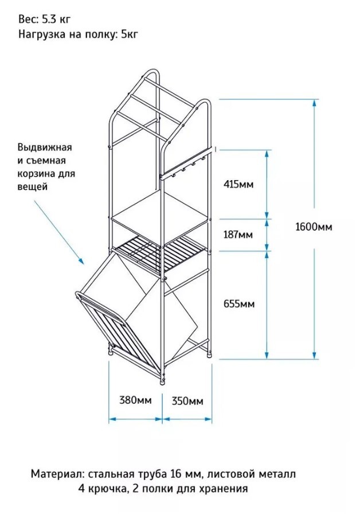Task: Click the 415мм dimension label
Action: [238, 184]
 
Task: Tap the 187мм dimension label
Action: [238, 235]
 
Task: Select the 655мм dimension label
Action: [238, 303]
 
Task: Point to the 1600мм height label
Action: [314, 227]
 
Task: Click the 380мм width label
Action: [135, 400]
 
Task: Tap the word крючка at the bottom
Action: [109, 489]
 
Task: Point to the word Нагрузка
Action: [43, 34]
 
